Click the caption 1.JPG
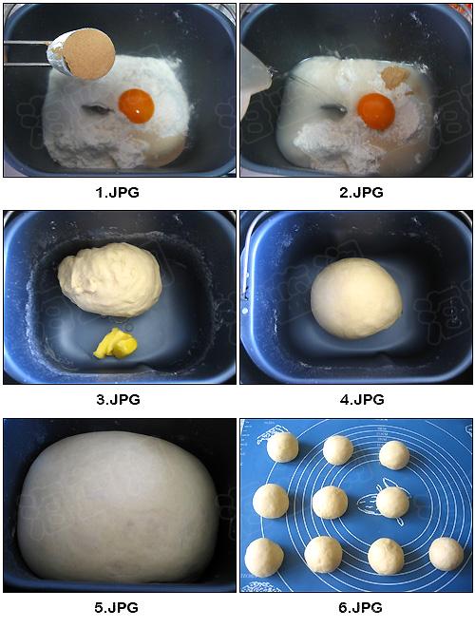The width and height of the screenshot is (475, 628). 118,192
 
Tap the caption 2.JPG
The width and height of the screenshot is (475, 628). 361,192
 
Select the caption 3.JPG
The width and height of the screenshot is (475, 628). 118,399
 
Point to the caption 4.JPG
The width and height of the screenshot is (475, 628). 362,399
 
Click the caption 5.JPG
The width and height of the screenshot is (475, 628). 117,608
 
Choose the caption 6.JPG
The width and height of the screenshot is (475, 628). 360,608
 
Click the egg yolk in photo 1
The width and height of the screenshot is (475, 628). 136,106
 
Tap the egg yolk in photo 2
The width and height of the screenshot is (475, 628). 376,112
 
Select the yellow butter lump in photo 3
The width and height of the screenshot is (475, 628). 115,344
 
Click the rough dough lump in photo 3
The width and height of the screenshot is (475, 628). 110,279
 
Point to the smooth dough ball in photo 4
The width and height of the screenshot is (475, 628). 356,298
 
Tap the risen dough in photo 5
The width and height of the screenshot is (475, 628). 118,506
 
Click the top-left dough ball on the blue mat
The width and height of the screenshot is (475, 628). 282,447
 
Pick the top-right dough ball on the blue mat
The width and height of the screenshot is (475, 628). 394,455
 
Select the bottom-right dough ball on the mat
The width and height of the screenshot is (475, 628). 446,554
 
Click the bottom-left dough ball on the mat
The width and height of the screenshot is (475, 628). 264,558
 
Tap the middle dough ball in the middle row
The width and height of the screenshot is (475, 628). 330,503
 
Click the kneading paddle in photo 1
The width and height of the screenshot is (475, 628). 96,109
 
